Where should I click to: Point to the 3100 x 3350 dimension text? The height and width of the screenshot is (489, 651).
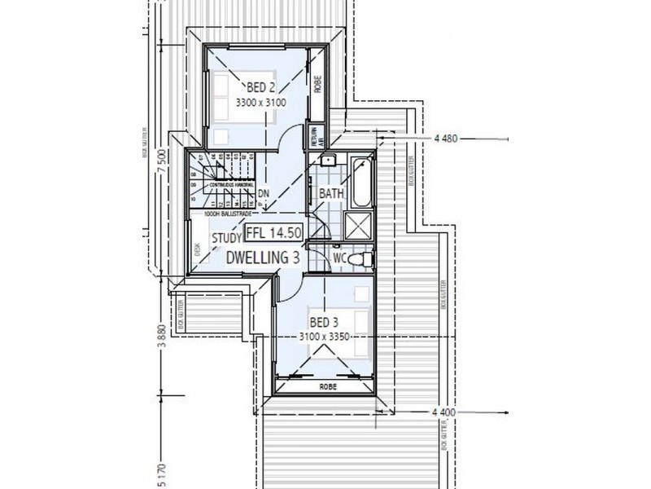327,336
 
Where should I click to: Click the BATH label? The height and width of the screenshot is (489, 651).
331,194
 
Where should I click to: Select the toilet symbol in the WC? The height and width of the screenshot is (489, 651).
364,259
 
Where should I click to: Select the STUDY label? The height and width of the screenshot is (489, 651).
225,238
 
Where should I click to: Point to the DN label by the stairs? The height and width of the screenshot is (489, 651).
264,194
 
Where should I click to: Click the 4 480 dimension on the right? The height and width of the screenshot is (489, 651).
448,139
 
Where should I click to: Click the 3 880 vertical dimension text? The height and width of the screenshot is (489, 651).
163,335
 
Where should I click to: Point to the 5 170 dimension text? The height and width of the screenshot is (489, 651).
163,472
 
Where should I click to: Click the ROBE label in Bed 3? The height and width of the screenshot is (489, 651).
328,385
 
